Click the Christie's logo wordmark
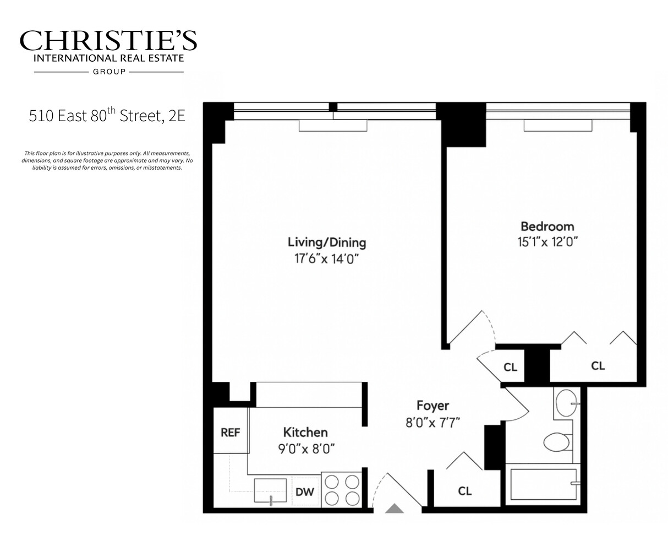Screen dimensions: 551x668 click(x=108, y=41)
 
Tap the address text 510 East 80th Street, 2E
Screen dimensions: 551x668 click(x=107, y=116)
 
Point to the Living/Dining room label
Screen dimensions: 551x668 click(x=327, y=242)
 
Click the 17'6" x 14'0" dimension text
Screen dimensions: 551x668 click(x=327, y=258)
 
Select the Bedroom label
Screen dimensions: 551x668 click(x=547, y=226)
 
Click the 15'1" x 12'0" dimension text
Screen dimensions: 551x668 click(x=547, y=241)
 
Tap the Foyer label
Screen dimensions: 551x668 click(x=432, y=406)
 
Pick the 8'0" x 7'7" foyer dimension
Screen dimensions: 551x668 click(x=432, y=422)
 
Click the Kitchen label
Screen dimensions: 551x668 click(x=305, y=433)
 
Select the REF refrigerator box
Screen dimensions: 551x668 click(x=231, y=433)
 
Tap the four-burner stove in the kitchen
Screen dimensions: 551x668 click(x=341, y=490)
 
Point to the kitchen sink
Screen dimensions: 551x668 click(x=270, y=490)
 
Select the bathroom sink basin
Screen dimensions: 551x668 click(x=566, y=403)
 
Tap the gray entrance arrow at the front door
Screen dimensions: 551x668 click(x=394, y=509)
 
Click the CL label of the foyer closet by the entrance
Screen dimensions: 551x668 click(x=465, y=490)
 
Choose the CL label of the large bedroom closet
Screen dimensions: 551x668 click(x=598, y=365)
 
